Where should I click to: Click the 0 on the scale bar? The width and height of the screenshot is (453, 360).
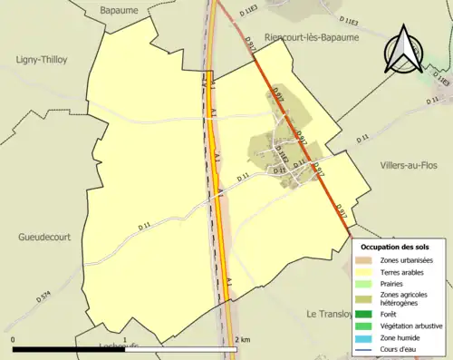(14, 339)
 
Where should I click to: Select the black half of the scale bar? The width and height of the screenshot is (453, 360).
(68, 349)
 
